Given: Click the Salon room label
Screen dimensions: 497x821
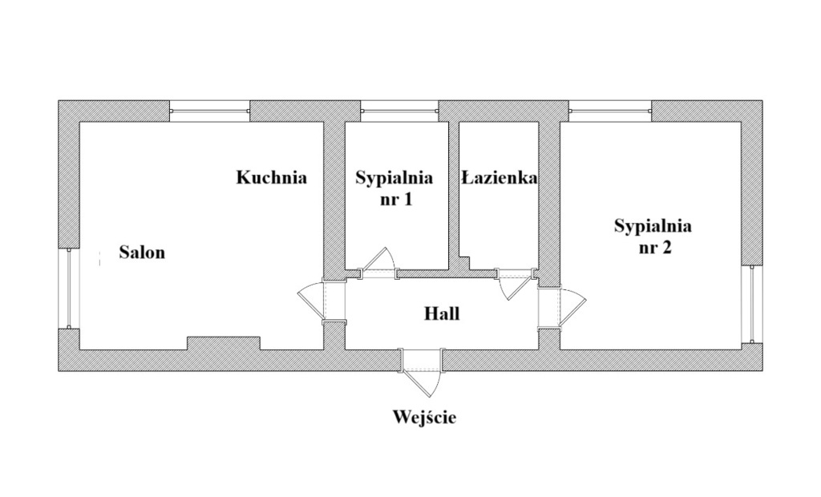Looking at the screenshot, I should click(142, 253).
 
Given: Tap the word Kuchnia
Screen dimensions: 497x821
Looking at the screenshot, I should click(271, 178).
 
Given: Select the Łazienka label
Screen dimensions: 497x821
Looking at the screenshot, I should click(499, 178).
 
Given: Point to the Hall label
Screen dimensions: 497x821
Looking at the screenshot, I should click(442, 313).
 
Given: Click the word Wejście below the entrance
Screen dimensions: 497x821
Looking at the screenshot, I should click(424, 417).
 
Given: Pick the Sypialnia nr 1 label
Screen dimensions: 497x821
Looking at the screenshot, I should click(394, 188).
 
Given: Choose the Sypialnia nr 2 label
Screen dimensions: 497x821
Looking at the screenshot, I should click(653, 236).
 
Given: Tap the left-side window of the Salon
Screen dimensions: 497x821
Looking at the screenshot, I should click(69, 289).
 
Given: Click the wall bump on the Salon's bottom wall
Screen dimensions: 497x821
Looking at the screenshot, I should click(223, 343).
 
